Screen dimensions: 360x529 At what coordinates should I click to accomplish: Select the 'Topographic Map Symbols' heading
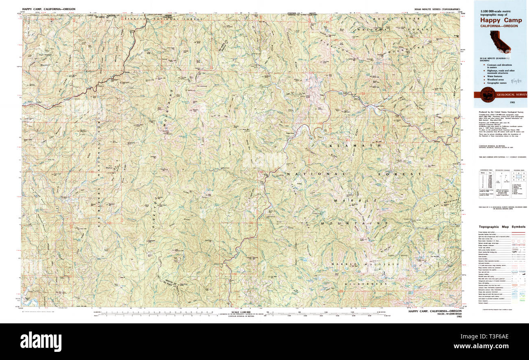[502, 227]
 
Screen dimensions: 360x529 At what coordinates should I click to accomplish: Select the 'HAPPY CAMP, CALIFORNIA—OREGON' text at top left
[49, 9]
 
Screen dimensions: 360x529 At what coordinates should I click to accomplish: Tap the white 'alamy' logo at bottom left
[41, 341]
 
